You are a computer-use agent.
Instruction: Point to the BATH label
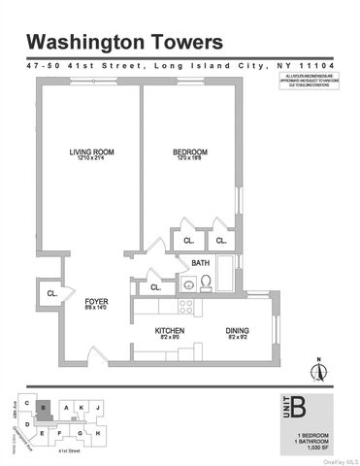(201, 262)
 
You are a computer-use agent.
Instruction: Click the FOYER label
(95, 302)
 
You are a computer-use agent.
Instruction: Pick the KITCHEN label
(170, 332)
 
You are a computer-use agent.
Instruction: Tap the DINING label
(237, 332)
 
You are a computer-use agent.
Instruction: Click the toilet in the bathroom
(207, 284)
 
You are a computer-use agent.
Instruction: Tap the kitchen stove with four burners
(184, 306)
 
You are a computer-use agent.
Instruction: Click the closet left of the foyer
(49, 290)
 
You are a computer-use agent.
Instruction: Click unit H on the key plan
(98, 432)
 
